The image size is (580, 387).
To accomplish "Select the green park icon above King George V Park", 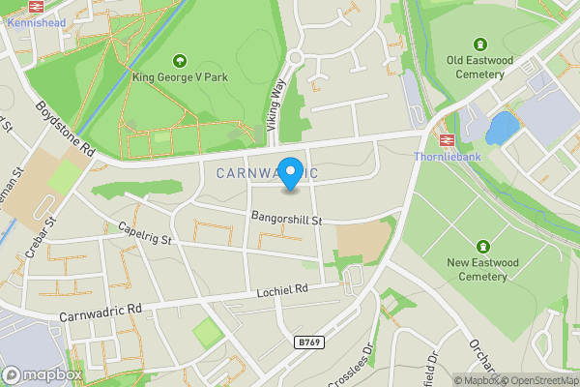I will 179,61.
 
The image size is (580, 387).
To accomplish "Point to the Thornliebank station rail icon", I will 447,139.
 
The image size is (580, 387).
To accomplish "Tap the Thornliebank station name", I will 446,156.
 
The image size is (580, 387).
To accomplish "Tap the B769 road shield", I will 308,343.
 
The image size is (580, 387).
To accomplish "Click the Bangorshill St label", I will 285,220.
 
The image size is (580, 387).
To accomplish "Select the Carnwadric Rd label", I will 101,312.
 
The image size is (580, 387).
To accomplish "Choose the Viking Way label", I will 277,104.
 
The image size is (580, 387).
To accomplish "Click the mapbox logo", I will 43,374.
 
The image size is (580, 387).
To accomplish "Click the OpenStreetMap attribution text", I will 539,380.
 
